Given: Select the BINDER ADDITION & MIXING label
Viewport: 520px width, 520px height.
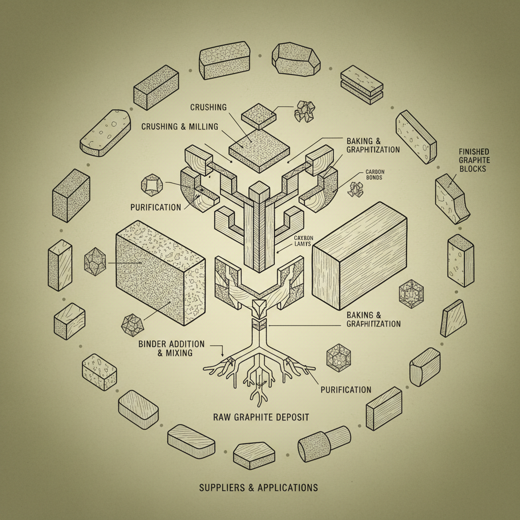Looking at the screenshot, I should [171, 348].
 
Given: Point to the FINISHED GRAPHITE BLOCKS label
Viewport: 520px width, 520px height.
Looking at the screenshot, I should [473, 160].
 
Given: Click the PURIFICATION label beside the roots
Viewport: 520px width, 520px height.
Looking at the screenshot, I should [346, 389].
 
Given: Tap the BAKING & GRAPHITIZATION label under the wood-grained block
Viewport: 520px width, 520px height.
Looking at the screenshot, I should [373, 319].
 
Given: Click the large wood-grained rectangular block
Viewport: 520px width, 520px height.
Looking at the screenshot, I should [360, 257].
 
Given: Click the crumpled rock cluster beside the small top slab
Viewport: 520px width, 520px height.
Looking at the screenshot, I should [305, 110].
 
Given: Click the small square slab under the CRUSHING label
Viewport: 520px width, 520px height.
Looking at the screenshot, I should [258, 117].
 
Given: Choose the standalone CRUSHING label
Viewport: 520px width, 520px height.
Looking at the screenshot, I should [208, 107].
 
